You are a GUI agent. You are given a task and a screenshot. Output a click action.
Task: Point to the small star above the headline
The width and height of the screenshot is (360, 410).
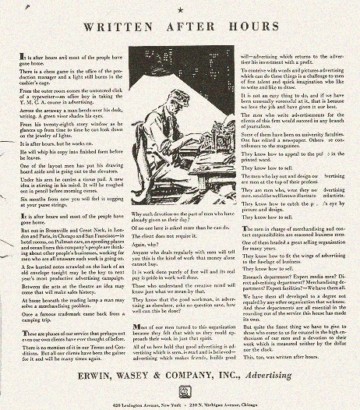[x=180, y=9]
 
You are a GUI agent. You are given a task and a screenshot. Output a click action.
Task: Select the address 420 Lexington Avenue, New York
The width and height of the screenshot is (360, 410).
[x=136, y=402]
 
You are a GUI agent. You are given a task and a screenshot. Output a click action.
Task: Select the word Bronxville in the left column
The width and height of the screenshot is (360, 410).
[x=59, y=232]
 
